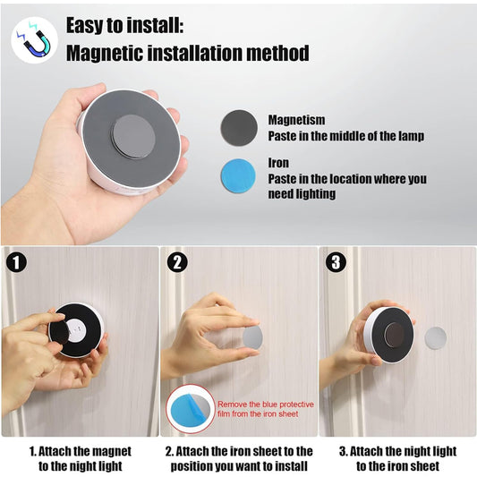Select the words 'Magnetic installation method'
click(187, 53)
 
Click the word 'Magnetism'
click(296, 119)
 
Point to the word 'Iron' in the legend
click(278, 164)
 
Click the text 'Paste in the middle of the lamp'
click(345, 135)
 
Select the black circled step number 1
click(15, 262)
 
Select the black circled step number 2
click(177, 262)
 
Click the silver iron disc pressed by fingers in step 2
click(252, 336)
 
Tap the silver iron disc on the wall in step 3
click(435, 338)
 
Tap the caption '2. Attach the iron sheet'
click(239, 458)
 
